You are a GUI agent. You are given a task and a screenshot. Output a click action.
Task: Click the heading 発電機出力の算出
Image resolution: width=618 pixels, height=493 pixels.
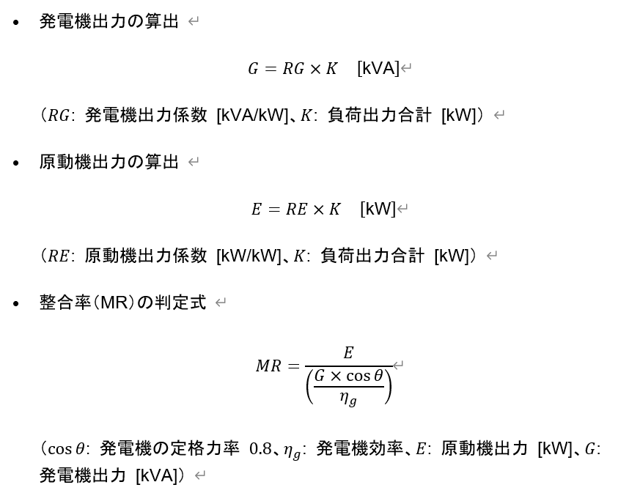click(108, 21)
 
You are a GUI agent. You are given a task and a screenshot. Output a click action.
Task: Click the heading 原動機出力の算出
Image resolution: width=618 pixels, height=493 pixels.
click(108, 162)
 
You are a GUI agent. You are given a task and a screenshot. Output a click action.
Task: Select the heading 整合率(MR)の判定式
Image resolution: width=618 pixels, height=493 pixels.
click(122, 303)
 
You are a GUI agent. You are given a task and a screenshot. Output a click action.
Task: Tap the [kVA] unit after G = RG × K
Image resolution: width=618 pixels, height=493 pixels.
click(378, 68)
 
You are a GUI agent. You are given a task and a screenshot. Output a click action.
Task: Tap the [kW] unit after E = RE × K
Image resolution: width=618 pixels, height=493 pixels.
click(378, 209)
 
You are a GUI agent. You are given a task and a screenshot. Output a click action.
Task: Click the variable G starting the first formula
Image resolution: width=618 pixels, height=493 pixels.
click(253, 69)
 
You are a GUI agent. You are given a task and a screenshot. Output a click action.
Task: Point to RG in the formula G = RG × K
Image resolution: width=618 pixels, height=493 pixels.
click(293, 69)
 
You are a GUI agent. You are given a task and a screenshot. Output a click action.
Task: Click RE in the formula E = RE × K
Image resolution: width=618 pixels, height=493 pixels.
click(296, 209)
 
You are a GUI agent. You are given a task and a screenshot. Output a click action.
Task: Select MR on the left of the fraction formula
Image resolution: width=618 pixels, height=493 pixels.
click(268, 366)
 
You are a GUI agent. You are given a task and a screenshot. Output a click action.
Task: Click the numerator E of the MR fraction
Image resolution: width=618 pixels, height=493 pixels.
click(348, 352)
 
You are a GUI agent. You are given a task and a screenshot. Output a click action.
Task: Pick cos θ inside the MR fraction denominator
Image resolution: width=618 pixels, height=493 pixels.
click(364, 376)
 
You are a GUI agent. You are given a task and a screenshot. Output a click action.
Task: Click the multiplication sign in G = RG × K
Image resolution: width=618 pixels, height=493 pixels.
click(315, 70)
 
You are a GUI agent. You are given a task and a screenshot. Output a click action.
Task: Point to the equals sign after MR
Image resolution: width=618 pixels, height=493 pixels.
click(294, 366)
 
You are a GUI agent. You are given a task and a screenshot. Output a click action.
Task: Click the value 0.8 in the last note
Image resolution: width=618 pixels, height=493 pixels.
click(260, 448)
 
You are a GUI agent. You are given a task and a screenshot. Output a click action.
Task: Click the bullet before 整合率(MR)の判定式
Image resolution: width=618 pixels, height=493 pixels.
click(16, 303)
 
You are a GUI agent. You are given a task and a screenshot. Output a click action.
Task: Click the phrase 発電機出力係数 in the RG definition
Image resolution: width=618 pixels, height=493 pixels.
click(146, 115)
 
